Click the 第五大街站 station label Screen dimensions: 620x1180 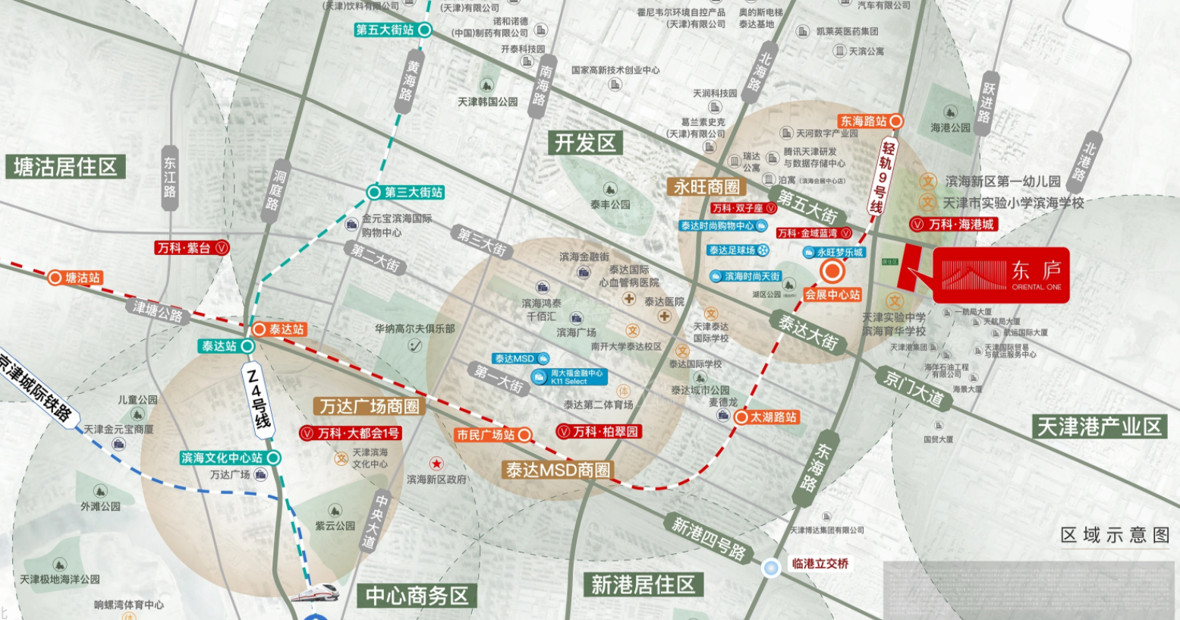(x=385, y=30)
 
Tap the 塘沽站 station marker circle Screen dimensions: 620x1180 (x=55, y=278)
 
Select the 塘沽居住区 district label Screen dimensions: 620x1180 (x=65, y=167)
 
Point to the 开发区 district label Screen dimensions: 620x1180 (x=584, y=143)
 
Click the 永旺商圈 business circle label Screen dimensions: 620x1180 (x=706, y=187)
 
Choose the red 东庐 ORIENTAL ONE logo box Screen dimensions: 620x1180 (x=1000, y=275)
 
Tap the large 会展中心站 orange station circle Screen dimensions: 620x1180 (x=832, y=271)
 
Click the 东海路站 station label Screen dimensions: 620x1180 (x=863, y=121)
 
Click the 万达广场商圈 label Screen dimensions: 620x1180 (x=369, y=407)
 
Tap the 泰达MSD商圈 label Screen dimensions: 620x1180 (x=558, y=470)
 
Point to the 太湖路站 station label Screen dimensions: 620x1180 (x=773, y=417)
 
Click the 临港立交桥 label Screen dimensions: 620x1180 (x=820, y=564)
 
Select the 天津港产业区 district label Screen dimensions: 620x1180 (x=1099, y=426)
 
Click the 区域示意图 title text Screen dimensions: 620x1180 (x=1114, y=535)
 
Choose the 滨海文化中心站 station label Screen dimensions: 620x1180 (x=222, y=458)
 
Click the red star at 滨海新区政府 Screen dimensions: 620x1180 (x=436, y=463)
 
